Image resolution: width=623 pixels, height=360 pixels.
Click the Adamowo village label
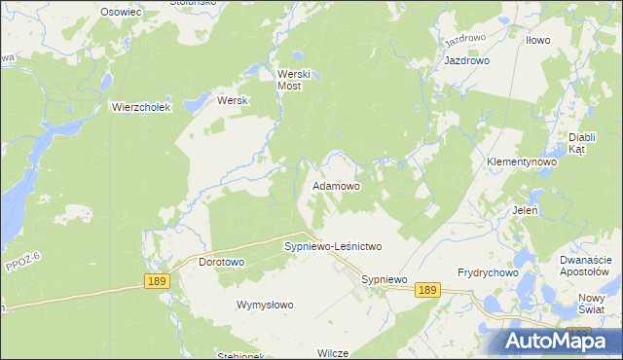(x=336, y=185)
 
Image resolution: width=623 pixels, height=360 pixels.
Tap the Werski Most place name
(x=293, y=80)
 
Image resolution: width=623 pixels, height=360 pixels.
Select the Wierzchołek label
(x=141, y=107)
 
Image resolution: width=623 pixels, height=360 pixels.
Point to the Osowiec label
(x=122, y=11)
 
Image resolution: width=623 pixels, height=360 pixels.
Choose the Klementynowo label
(x=521, y=161)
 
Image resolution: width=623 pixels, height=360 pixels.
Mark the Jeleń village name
(x=526, y=209)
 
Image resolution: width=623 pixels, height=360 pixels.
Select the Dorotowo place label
(x=221, y=263)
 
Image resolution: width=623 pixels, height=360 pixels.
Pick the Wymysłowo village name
(x=265, y=305)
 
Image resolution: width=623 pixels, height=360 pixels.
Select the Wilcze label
(x=332, y=352)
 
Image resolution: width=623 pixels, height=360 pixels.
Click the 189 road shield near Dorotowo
(x=157, y=281)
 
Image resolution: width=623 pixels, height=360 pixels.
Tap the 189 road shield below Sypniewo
(x=427, y=290)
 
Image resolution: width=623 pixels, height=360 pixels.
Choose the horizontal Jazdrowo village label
(x=466, y=60)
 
